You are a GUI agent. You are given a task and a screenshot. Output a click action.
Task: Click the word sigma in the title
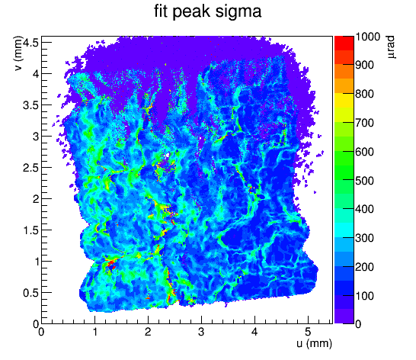[238, 12]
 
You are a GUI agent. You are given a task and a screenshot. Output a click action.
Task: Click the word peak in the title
[191, 12]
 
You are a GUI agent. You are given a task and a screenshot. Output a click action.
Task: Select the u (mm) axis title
[314, 343]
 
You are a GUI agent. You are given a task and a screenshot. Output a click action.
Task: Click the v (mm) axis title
[18, 53]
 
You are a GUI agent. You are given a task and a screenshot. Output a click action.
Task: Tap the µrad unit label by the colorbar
[391, 47]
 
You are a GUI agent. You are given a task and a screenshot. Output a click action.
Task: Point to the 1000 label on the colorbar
[367, 37]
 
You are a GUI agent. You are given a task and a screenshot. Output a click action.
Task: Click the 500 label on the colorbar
[364, 181]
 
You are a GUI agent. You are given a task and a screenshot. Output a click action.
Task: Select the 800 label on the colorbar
[364, 94]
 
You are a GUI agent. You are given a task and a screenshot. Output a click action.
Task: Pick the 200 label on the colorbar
[364, 267]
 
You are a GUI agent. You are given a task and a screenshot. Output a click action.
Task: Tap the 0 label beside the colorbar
[358, 324]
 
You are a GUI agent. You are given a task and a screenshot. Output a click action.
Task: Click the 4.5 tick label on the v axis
[30, 42]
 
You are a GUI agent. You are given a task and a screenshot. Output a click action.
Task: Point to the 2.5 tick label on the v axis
[30, 168]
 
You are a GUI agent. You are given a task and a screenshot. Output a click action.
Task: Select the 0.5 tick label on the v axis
[30, 293]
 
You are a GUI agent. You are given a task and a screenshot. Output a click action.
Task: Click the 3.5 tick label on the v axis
[30, 105]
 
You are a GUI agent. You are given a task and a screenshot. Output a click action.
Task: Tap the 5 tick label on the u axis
[308, 332]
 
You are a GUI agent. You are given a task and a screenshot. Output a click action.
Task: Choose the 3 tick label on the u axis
[201, 332]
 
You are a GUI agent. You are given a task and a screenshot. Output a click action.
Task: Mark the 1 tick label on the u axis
[94, 332]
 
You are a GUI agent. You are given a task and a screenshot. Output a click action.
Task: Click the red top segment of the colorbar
[344, 43]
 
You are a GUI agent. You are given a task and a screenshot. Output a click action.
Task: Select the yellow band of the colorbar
[344, 100]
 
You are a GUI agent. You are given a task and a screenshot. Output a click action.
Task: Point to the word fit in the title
[161, 12]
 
